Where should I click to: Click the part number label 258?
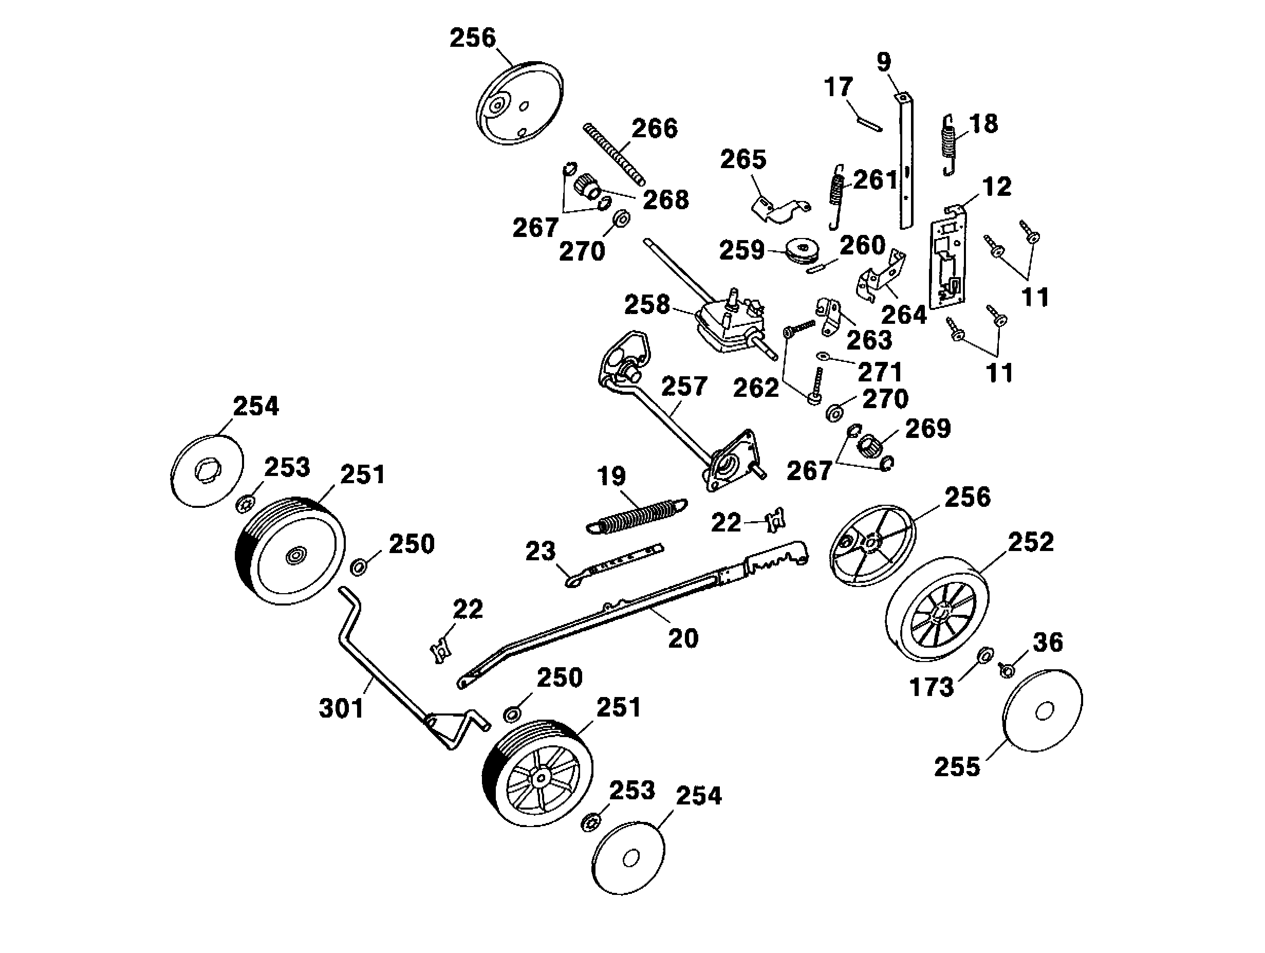point(646,305)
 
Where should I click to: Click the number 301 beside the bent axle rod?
point(341,709)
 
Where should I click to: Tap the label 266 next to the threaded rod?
point(654,128)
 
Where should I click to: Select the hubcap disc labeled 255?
point(1043,711)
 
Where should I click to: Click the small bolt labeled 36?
point(1007,669)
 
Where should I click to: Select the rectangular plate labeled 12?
point(947,258)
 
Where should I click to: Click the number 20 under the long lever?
point(683,638)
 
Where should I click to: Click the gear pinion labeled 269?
point(869,445)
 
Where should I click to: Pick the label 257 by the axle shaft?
point(684,387)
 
